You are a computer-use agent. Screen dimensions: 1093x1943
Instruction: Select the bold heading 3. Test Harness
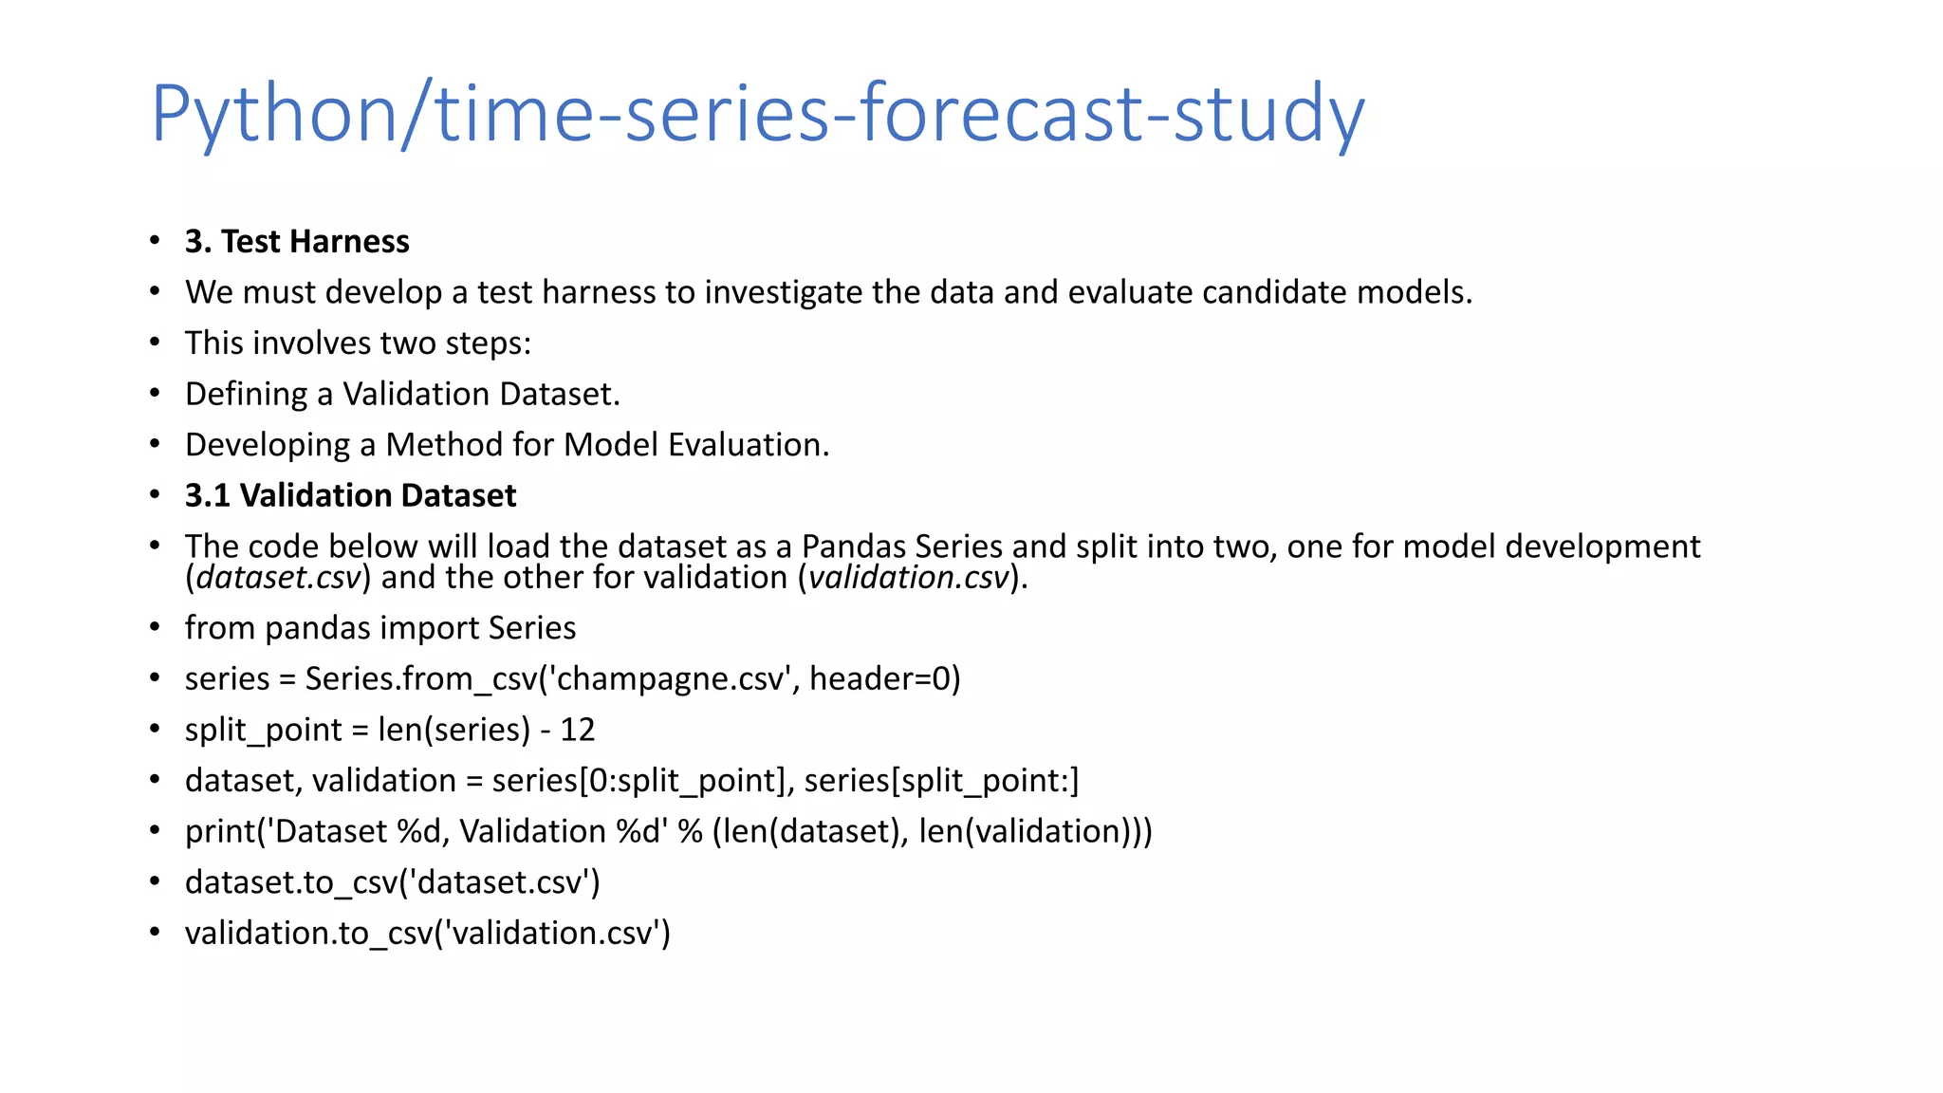click(x=297, y=242)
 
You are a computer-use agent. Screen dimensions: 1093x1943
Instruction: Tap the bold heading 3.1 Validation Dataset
click(x=350, y=495)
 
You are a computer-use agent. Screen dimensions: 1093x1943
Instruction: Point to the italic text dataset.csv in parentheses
click(x=279, y=578)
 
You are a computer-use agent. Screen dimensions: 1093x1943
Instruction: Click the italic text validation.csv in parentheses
click(x=909, y=578)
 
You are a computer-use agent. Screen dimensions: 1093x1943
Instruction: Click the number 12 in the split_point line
click(x=577, y=730)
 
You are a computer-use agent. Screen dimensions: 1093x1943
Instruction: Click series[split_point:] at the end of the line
click(x=941, y=781)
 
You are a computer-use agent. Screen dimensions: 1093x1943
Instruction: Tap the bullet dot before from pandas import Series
click(x=155, y=628)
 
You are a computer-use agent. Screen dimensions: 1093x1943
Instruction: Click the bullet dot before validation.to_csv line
click(x=155, y=933)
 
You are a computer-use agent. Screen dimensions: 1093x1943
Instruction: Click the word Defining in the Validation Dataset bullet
click(x=246, y=395)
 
